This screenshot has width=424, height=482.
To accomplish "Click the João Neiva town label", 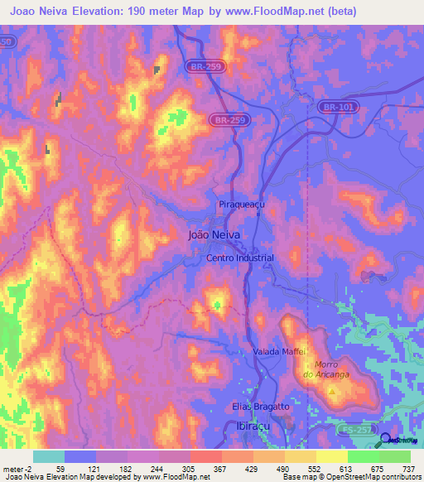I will point(215,235).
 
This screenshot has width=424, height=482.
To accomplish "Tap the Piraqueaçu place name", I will point(240,203).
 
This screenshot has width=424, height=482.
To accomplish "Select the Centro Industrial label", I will point(239,258).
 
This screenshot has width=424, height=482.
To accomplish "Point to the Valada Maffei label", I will point(279,351).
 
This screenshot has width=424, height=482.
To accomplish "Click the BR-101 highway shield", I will point(335,107).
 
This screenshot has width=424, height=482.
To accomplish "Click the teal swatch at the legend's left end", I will point(48,456).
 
